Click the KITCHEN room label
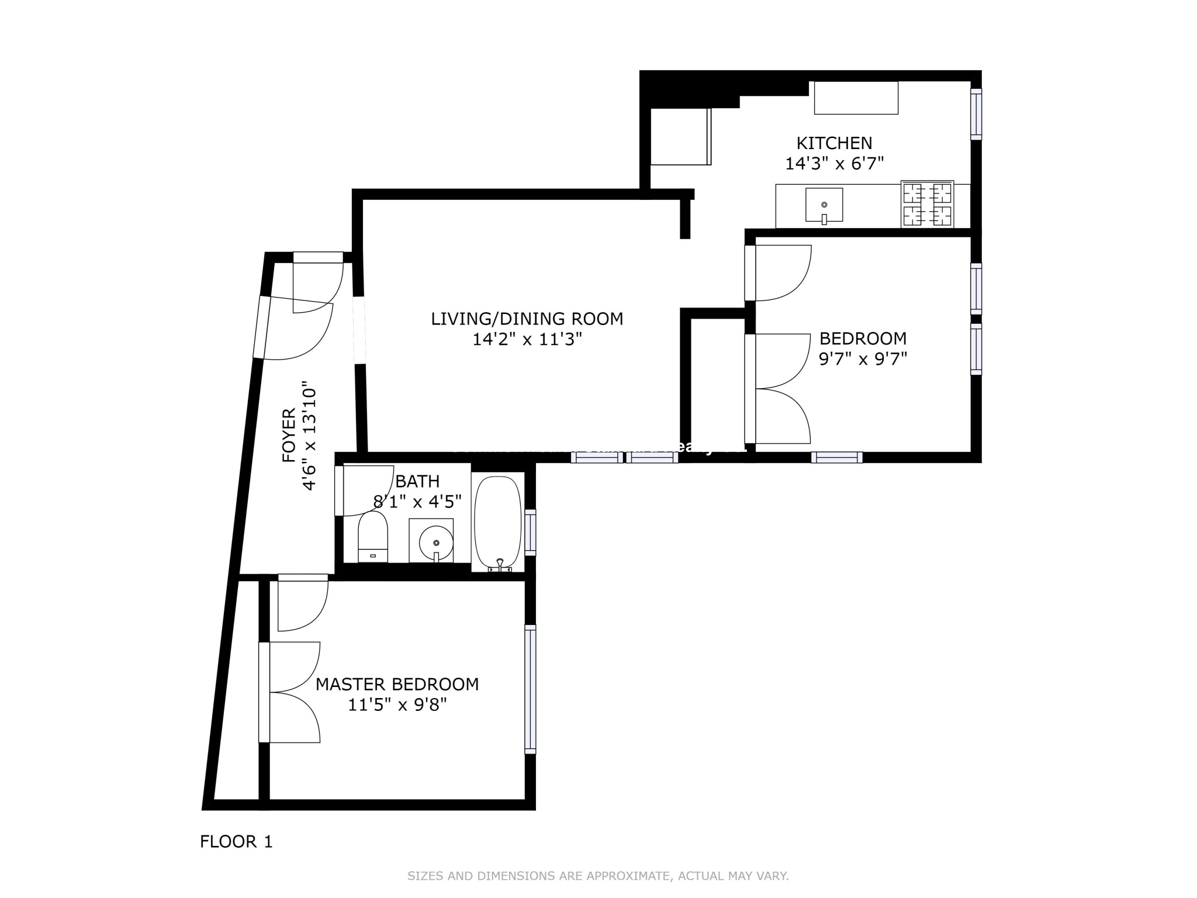point(834,143)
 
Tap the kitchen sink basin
point(824,205)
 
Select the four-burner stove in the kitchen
point(927,204)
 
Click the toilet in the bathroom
point(372,537)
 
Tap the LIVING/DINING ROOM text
point(527,319)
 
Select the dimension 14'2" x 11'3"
point(527,340)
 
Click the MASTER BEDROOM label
point(397,684)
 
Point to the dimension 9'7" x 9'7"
point(862,358)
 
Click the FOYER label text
point(289,436)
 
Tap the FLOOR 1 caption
point(236,842)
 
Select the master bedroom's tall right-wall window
point(530,689)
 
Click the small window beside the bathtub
point(530,531)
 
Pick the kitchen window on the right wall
point(975,114)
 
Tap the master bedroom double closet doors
point(292,692)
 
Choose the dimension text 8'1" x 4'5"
point(417,502)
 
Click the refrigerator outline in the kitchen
point(680,137)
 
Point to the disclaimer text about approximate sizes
point(597,876)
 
